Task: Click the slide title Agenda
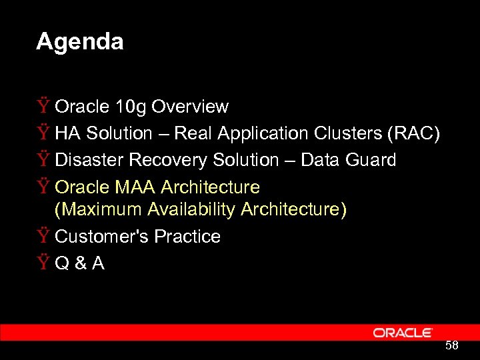click(79, 42)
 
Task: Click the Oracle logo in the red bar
click(403, 333)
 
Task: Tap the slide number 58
click(452, 345)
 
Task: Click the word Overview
click(190, 107)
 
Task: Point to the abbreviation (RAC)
click(413, 133)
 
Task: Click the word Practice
click(187, 237)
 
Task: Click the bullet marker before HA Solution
click(43, 133)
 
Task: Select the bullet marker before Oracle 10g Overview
click(43, 107)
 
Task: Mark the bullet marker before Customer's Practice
click(43, 237)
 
